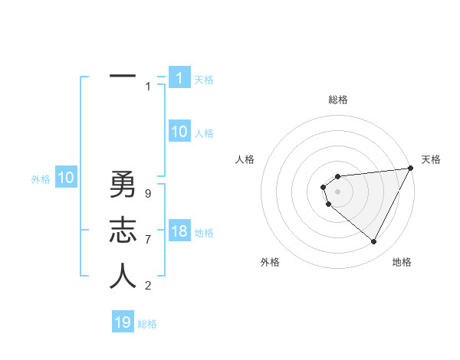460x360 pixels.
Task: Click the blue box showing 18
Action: [x=179, y=231]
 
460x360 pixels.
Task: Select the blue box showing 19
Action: [x=123, y=322]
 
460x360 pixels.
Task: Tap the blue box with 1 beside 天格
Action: [x=179, y=78]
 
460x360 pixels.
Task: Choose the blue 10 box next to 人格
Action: [x=179, y=132]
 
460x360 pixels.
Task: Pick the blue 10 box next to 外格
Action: [x=65, y=178]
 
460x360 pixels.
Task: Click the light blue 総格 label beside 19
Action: [x=147, y=324]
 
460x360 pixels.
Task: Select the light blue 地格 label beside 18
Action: [x=204, y=233]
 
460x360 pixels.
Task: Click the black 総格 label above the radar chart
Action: [x=338, y=100]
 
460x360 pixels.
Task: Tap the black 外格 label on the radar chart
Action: [x=270, y=263]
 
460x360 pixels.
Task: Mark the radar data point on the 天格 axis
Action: [x=411, y=169]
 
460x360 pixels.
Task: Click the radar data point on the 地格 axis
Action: [x=374, y=242]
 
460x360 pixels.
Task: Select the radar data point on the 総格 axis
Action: [x=337, y=177]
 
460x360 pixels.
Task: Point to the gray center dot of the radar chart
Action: [x=337, y=190]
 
